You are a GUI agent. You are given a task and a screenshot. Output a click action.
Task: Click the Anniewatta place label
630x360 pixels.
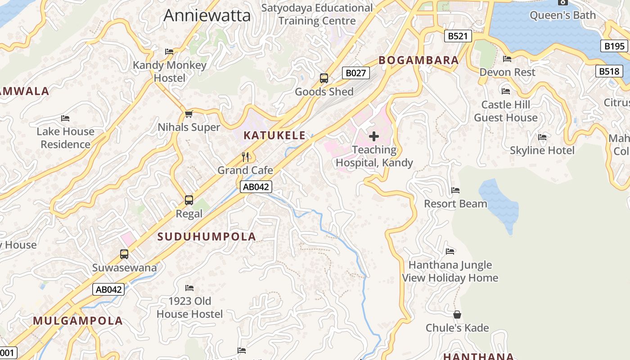click(207, 15)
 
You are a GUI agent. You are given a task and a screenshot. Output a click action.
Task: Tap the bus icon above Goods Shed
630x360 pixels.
click(324, 78)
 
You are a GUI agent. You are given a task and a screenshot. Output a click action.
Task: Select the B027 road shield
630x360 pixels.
click(355, 72)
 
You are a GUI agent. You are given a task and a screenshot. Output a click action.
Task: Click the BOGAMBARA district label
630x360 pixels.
click(418, 60)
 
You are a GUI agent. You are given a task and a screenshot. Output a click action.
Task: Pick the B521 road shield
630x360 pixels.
click(458, 36)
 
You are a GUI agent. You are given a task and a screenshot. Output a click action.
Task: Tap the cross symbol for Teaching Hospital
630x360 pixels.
click(374, 136)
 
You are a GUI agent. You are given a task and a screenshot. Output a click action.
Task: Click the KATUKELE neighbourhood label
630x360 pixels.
click(274, 135)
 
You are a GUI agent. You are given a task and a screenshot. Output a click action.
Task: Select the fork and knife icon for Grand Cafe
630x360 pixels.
click(245, 157)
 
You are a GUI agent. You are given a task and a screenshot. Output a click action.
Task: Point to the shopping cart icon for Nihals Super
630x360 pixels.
click(189, 114)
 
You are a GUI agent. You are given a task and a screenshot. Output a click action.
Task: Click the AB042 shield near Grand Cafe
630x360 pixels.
click(256, 187)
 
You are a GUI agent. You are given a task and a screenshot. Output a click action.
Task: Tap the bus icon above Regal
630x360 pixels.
click(189, 200)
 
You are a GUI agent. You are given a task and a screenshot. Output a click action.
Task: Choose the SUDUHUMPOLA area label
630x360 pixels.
click(207, 236)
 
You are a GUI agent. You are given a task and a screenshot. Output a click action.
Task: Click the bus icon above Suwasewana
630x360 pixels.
click(124, 254)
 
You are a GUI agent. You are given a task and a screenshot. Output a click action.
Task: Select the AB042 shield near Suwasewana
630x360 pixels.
click(108, 289)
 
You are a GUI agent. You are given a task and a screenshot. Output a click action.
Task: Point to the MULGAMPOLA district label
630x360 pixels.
click(78, 321)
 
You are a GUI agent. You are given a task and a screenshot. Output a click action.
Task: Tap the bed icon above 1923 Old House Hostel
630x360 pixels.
click(189, 288)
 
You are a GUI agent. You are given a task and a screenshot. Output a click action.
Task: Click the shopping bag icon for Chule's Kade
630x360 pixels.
click(457, 314)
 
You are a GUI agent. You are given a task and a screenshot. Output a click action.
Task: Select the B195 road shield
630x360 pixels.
click(614, 46)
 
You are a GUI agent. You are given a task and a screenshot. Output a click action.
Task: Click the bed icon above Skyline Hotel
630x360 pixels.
click(542, 137)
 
